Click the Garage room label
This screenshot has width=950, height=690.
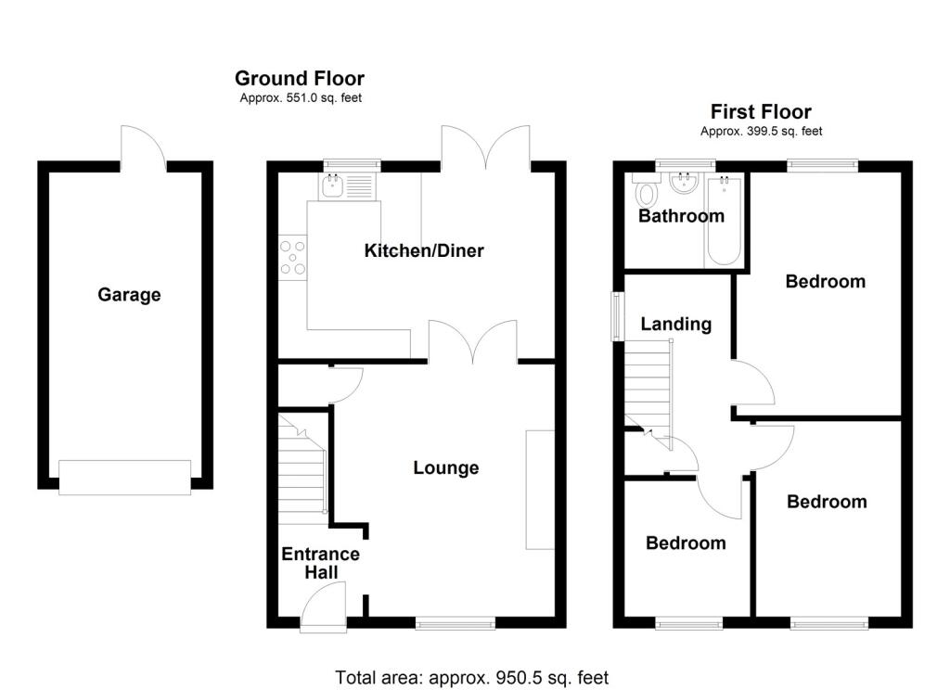pyautogui.click(x=129, y=295)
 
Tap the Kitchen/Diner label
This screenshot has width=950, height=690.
pyautogui.click(x=424, y=250)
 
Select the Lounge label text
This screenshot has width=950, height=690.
pyautogui.click(x=446, y=468)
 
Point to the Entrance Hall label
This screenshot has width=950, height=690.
pyautogui.click(x=321, y=563)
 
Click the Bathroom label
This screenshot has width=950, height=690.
pyautogui.click(x=681, y=216)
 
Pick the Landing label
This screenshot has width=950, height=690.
pyautogui.click(x=676, y=324)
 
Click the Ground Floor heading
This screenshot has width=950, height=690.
pyautogui.click(x=300, y=79)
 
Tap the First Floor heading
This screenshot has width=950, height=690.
pyautogui.click(x=761, y=113)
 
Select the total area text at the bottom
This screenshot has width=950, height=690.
pyautogui.click(x=471, y=677)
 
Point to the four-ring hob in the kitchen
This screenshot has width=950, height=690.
pyautogui.click(x=293, y=257)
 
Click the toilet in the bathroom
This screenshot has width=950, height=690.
pyautogui.click(x=647, y=194)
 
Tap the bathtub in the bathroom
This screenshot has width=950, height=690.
pyautogui.click(x=723, y=220)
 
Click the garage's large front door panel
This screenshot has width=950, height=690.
pyautogui.click(x=124, y=476)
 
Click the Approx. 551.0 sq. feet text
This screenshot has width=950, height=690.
pyautogui.click(x=300, y=97)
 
